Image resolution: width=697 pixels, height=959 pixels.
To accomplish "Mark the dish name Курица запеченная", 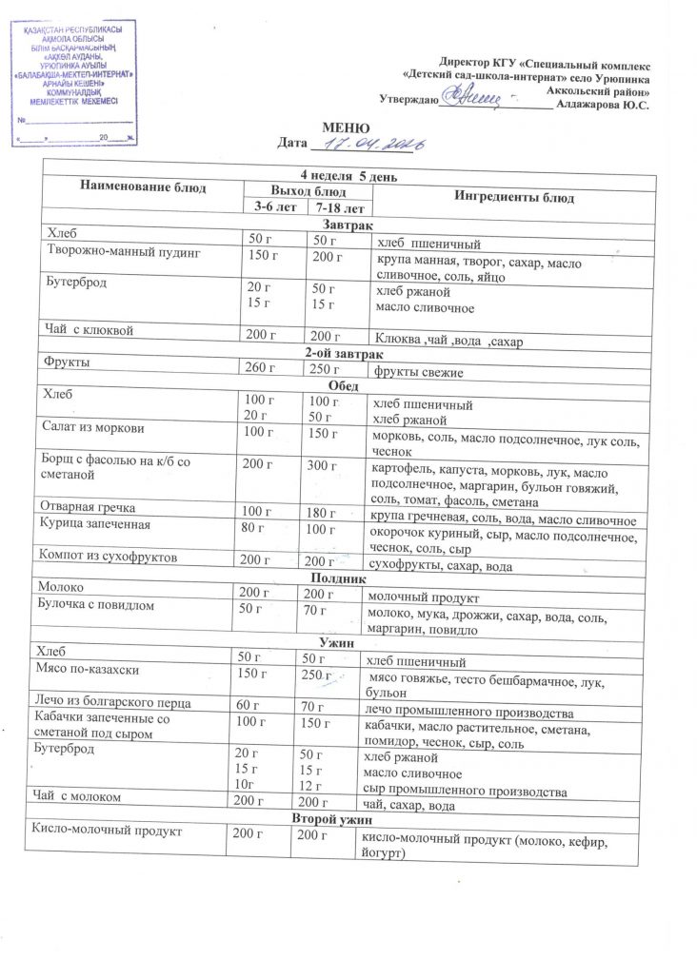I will click(93, 524).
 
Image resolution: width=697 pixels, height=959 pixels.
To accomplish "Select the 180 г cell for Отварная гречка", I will click(322, 512).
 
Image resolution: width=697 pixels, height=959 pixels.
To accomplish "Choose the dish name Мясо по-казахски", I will click(84, 673).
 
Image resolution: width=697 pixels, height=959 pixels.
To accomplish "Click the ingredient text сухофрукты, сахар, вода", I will click(445, 566).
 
